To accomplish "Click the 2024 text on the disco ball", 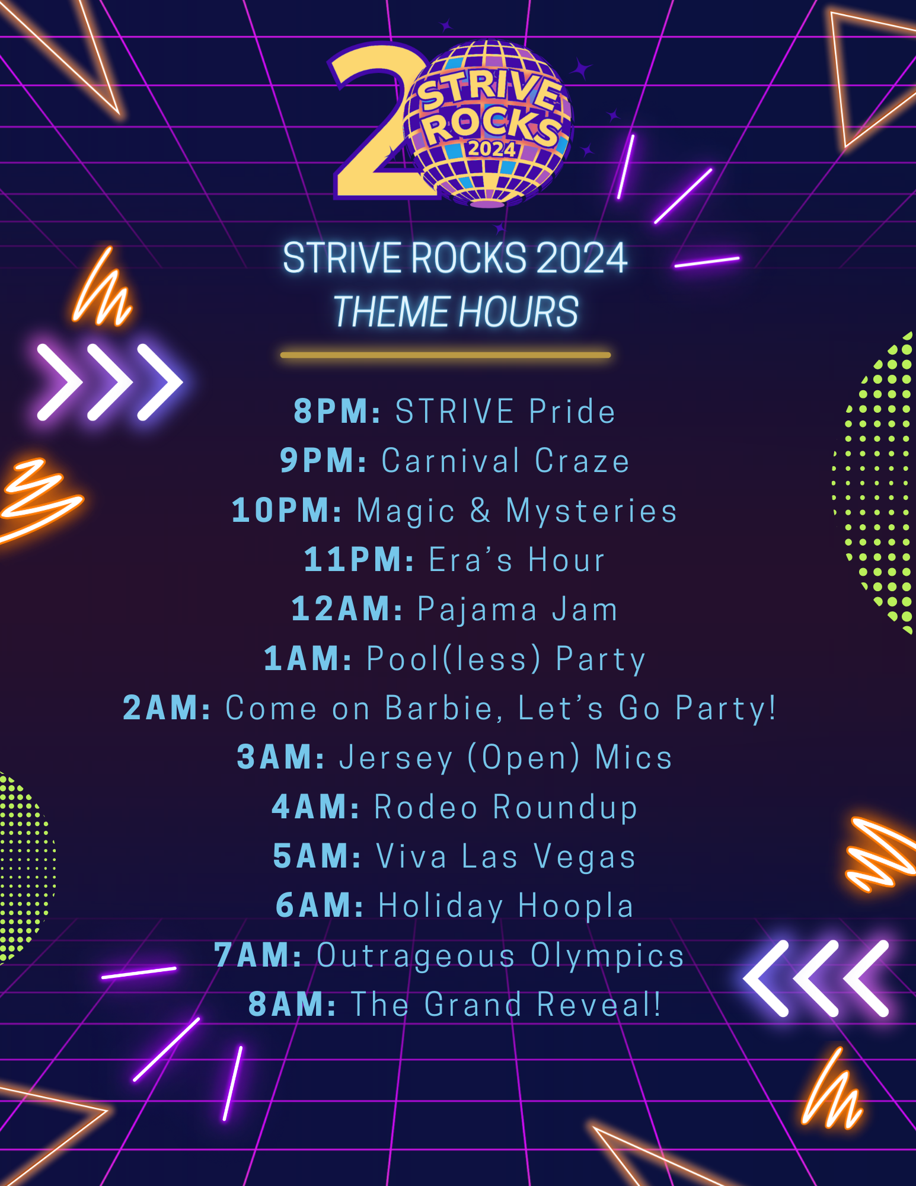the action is [x=491, y=148].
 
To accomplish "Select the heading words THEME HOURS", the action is [x=455, y=311].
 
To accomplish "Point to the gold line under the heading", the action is [x=445, y=355].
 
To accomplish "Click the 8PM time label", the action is [x=337, y=411].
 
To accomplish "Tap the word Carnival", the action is [x=451, y=461].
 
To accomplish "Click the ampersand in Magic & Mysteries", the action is [x=480, y=510].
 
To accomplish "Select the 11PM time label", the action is [x=359, y=560].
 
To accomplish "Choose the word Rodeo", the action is [x=426, y=807].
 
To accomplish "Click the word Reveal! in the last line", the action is [x=599, y=1005].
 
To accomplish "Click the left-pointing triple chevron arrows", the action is [x=816, y=978].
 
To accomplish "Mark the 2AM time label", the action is [x=167, y=708].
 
